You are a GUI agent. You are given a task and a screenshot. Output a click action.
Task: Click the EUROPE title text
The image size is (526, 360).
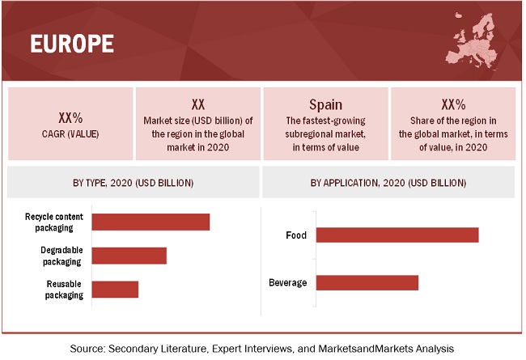[x=72, y=43]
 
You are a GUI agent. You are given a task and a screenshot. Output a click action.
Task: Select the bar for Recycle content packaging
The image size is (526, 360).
[x=151, y=222]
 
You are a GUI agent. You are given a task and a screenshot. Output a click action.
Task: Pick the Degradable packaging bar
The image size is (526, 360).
[x=129, y=256]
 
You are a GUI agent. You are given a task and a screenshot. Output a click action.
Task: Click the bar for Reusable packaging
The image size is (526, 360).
[x=115, y=289]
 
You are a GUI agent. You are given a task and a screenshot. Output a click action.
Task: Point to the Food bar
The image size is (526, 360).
[x=397, y=235]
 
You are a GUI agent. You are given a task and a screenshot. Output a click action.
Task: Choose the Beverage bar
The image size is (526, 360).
[x=367, y=282]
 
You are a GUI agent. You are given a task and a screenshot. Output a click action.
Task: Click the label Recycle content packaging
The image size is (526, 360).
[x=54, y=222]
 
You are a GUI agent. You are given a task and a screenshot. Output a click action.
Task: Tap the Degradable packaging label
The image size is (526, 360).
[x=61, y=256]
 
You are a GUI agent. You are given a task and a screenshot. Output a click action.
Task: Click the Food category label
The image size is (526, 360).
[x=296, y=235]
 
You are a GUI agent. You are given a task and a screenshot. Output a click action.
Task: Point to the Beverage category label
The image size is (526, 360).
[x=287, y=282]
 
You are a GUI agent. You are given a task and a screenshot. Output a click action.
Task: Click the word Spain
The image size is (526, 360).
[x=326, y=104]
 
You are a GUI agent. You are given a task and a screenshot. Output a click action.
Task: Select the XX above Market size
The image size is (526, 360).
[x=198, y=104]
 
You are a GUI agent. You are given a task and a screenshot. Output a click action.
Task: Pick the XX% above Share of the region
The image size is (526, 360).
[x=453, y=104]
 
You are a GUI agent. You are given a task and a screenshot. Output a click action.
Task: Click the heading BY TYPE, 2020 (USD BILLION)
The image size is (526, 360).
[x=134, y=183]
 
